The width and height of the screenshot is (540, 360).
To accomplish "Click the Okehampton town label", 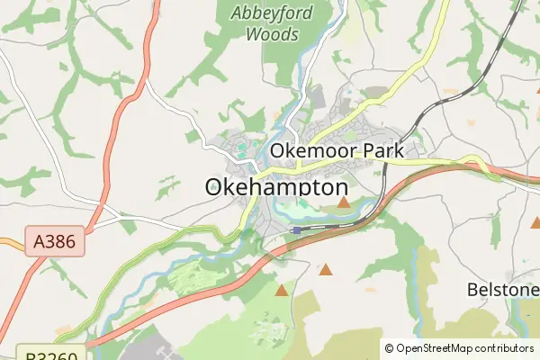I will click(276, 187).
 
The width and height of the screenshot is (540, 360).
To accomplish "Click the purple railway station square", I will click(296, 230).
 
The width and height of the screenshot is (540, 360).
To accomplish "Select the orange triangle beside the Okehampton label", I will click(344, 202).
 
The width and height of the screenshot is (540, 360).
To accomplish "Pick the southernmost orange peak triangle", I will click(282, 290).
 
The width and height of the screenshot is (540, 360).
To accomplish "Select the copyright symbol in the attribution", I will click(390, 348).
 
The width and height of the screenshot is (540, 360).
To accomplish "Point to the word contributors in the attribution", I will click(505, 348).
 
